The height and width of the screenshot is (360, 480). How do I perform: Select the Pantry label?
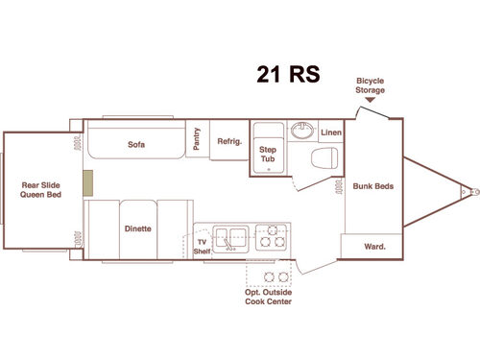click(197, 140)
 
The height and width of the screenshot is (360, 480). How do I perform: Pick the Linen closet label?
click(330, 132)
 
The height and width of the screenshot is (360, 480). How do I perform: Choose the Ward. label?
click(374, 247)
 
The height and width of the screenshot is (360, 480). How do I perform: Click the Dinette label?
click(137, 228)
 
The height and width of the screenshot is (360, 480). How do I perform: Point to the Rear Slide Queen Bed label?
click(40, 190)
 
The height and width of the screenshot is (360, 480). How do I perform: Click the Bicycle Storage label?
click(371, 85)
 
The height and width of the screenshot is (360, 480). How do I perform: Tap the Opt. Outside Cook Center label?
click(268, 298)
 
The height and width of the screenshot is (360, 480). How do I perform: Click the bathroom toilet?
click(327, 159)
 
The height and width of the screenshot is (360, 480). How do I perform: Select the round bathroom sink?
click(304, 130)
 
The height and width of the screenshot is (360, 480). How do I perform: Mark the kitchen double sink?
click(231, 236)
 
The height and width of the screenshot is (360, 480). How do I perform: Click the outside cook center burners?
click(276, 277)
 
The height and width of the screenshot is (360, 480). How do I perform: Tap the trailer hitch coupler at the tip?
click(473, 191)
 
